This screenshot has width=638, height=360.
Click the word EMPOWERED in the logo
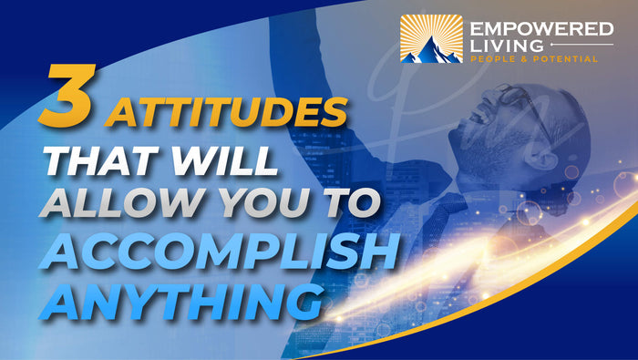[x=541, y=30]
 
